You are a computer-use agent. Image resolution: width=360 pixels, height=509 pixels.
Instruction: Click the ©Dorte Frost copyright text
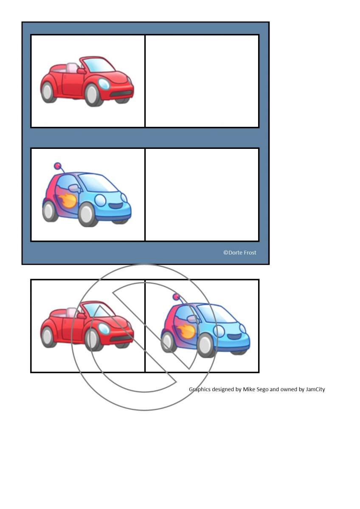click(240, 252)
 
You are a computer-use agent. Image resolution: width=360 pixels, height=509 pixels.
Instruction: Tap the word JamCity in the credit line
click(315, 389)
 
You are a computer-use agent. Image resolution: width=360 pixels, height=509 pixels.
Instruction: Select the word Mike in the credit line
click(249, 389)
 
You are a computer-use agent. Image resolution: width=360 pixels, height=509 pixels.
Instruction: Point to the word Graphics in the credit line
click(200, 389)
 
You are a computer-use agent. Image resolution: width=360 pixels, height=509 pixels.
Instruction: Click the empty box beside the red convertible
click(202, 81)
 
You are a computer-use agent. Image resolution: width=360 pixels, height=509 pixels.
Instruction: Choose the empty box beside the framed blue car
click(202, 195)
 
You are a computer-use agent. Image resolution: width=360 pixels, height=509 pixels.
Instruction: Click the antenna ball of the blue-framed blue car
click(57, 165)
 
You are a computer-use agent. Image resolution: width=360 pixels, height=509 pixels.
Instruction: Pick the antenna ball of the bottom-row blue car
click(176, 297)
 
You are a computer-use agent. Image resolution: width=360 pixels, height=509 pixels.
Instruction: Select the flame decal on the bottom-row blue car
click(186, 331)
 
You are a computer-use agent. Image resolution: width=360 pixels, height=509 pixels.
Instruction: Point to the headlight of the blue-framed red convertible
click(104, 84)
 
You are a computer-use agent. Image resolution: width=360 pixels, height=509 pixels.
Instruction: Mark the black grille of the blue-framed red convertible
click(122, 94)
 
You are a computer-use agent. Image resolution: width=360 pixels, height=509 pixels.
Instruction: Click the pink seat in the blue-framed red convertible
click(72, 68)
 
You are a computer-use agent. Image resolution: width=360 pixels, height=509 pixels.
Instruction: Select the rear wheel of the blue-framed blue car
click(50, 211)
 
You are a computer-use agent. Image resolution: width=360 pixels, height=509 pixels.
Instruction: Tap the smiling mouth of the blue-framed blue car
click(116, 206)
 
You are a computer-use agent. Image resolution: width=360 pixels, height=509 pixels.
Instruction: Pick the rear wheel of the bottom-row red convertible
click(48, 337)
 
